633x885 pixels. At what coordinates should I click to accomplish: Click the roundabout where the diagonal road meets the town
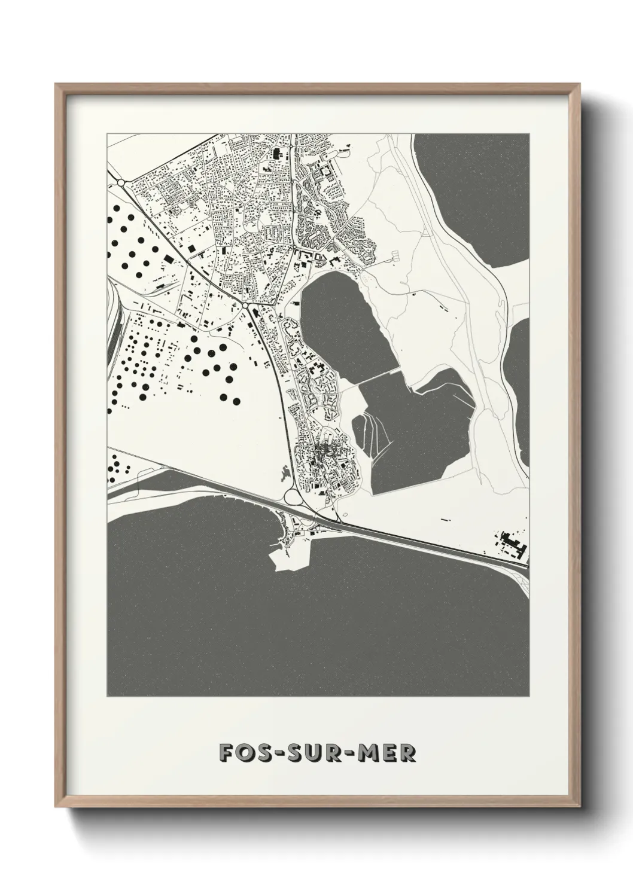246,306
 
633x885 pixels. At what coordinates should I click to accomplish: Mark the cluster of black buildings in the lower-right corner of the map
513,541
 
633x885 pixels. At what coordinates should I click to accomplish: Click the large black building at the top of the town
276,153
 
